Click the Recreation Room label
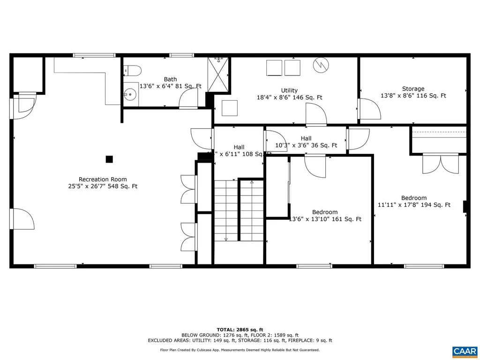[102, 180]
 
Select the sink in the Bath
[130, 95]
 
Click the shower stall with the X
[218, 75]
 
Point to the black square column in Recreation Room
[109, 159]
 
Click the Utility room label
[289, 90]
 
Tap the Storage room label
[413, 89]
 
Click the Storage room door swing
[369, 110]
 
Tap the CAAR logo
[465, 351]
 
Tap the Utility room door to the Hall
[315, 115]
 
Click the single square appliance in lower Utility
[230, 108]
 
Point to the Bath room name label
[170, 79]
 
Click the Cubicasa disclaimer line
[240, 350]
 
